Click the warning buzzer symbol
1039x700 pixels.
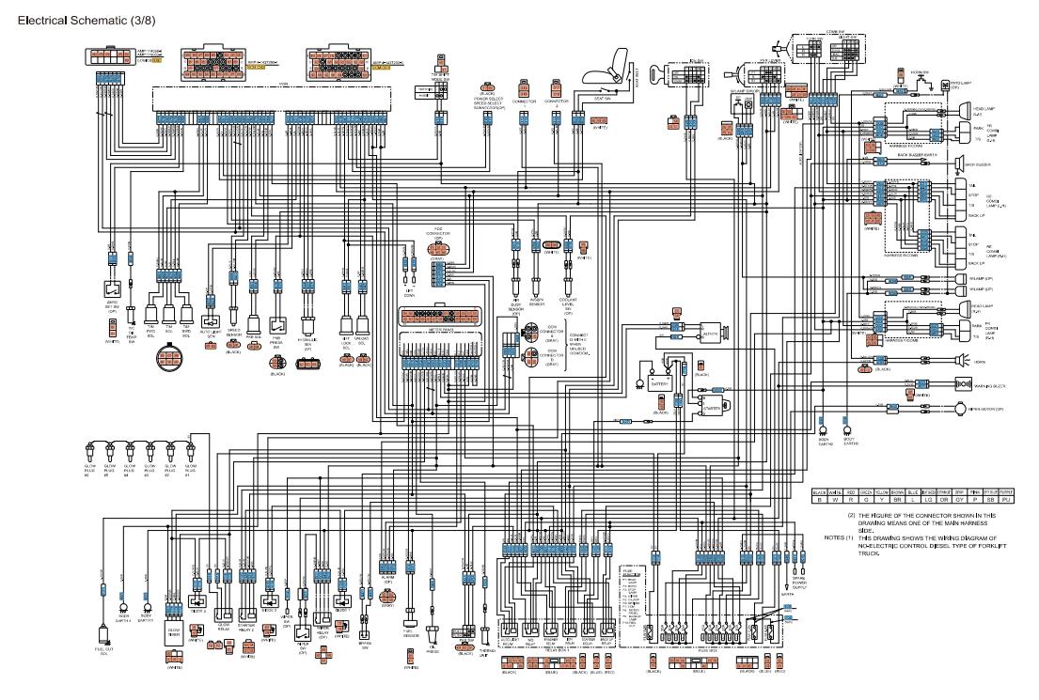click(961, 383)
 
